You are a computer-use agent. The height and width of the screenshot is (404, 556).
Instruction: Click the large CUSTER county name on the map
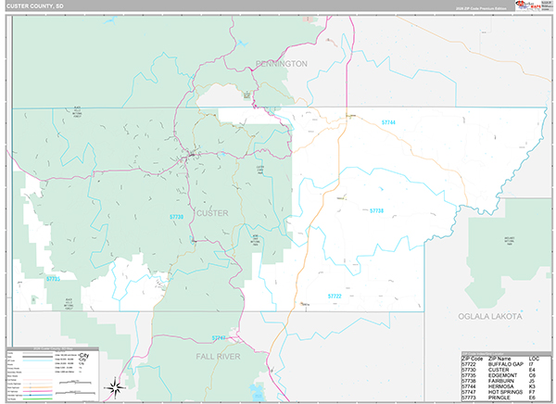(212, 214)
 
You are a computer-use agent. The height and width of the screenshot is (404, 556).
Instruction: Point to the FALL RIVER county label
(220, 356)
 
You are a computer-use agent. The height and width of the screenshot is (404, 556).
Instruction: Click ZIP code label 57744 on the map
(388, 122)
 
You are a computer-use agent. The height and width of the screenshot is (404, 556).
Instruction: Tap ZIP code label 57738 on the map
(375, 211)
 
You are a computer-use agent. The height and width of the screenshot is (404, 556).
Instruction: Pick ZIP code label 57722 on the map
(335, 297)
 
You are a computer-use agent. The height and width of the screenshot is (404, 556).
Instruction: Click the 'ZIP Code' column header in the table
(474, 357)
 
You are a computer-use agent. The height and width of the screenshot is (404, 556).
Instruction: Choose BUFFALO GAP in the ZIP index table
(510, 362)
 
